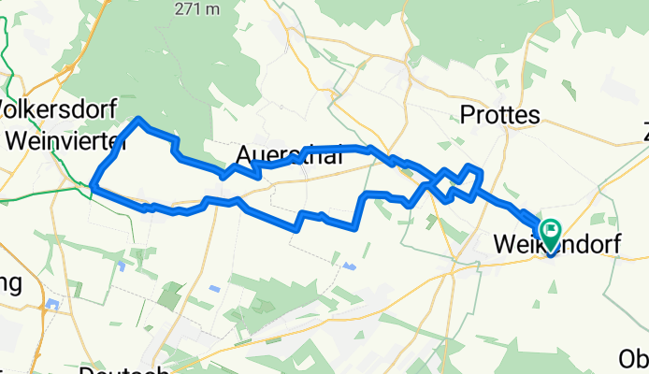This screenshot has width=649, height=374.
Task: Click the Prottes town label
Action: pyautogui.click(x=501, y=115)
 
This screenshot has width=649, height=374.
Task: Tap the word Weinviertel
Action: pyautogui.click(x=65, y=139)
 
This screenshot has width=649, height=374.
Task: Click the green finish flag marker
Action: pyautogui.click(x=550, y=228)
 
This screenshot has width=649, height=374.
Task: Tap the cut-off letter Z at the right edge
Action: pyautogui.click(x=643, y=130)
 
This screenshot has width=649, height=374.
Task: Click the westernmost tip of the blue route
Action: pyautogui.click(x=94, y=186)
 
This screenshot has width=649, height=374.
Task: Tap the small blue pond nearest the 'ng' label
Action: pyautogui.click(x=53, y=304)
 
